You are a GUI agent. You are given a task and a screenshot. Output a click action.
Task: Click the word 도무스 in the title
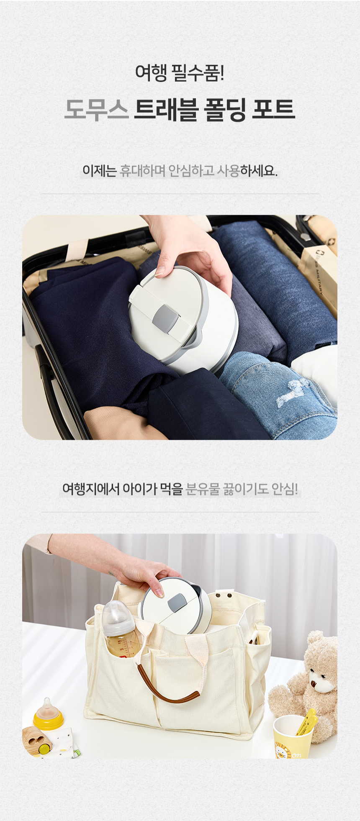pyautogui.click(x=96, y=110)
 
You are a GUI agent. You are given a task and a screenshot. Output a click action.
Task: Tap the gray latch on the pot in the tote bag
pyautogui.click(x=177, y=602)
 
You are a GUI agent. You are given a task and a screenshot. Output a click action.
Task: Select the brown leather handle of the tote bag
pyautogui.click(x=168, y=690)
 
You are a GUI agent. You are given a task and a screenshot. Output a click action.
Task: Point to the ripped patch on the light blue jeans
pyautogui.click(x=293, y=393)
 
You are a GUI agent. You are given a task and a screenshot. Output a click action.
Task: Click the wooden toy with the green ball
pyautogui.click(x=37, y=740)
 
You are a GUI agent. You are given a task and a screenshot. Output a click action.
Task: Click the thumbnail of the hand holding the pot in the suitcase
pyautogui.click(x=160, y=272)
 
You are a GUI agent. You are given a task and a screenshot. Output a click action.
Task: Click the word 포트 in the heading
pyautogui.click(x=274, y=110)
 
